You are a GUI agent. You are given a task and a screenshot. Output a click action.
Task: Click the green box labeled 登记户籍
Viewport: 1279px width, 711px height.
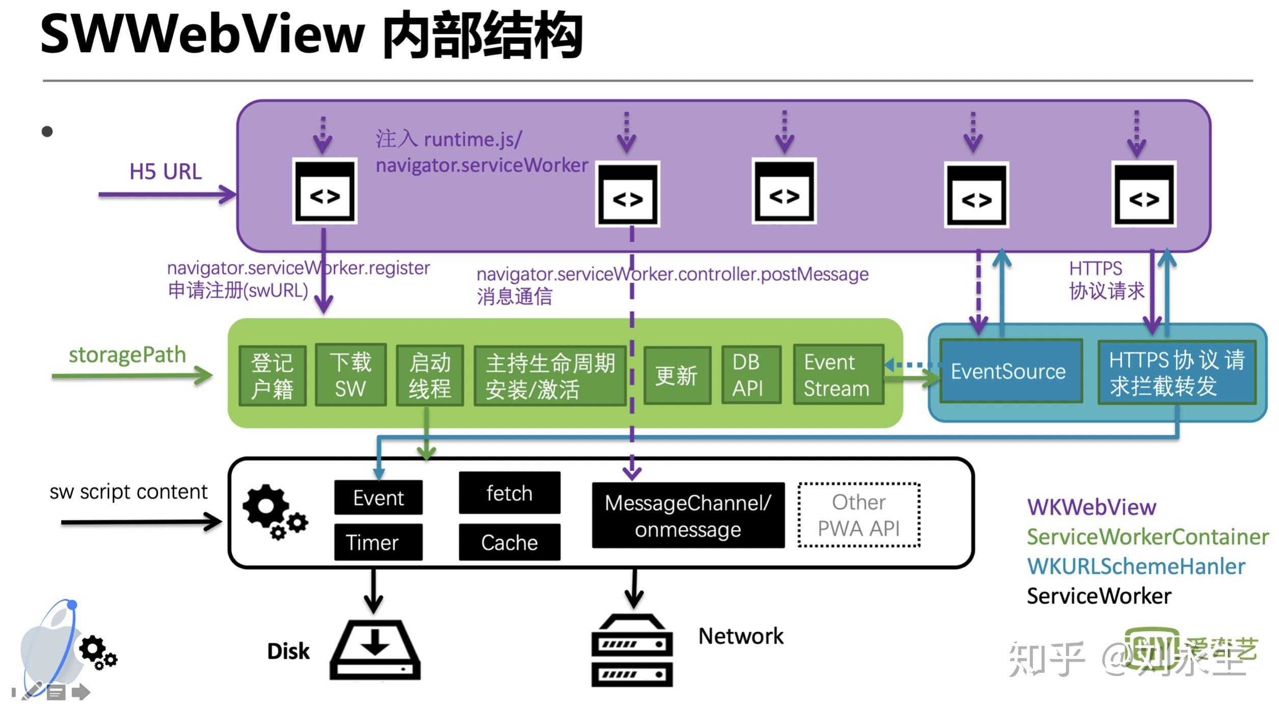pyautogui.click(x=272, y=376)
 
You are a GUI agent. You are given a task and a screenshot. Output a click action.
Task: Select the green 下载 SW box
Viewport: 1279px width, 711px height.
pyautogui.click(x=351, y=375)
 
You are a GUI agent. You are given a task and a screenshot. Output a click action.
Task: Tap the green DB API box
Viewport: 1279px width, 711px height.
pyautogui.click(x=751, y=375)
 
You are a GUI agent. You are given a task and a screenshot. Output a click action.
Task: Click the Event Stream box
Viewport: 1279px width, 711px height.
pyautogui.click(x=838, y=375)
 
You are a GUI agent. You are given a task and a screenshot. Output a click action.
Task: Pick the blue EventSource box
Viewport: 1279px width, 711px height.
pyautogui.click(x=1010, y=372)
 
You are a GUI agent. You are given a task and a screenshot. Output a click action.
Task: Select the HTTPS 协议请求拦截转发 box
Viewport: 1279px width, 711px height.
pyautogui.click(x=1177, y=373)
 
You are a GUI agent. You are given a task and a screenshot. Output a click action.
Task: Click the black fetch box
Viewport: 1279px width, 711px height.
pyautogui.click(x=510, y=493)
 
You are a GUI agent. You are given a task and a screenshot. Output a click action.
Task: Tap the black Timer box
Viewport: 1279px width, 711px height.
pyautogui.click(x=378, y=542)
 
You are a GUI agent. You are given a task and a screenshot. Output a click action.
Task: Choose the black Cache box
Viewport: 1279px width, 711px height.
pyautogui.click(x=510, y=542)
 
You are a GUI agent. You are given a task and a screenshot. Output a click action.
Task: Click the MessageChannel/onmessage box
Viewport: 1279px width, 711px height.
pyautogui.click(x=688, y=515)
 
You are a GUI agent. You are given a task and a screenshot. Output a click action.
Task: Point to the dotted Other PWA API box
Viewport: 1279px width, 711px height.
pyautogui.click(x=859, y=515)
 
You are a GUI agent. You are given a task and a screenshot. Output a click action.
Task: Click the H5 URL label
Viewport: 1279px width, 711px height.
pyautogui.click(x=166, y=172)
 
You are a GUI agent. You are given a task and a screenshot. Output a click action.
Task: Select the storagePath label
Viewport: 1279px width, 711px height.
pyautogui.click(x=127, y=355)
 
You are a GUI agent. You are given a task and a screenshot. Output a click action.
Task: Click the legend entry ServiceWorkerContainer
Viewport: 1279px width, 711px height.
pyautogui.click(x=1147, y=537)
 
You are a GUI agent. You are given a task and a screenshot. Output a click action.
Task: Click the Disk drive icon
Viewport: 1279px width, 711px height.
pyautogui.click(x=375, y=650)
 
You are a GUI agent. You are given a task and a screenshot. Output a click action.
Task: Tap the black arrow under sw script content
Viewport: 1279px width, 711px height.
pyautogui.click(x=140, y=522)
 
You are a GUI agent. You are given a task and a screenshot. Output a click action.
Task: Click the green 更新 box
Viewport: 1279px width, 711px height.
pyautogui.click(x=677, y=376)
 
